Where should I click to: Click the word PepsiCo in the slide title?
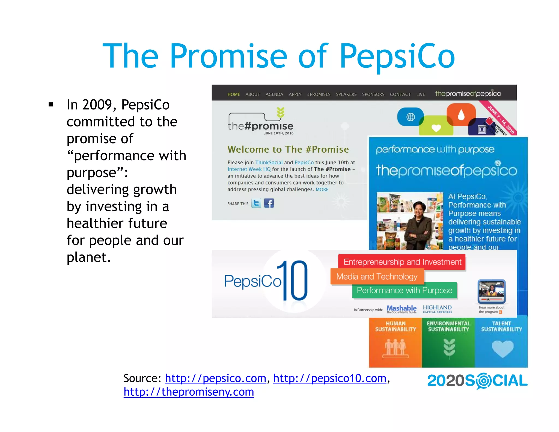pyautogui.click(x=397, y=56)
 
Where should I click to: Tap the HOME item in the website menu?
pyautogui.click(x=233, y=94)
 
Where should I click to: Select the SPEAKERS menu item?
pyautogui.click(x=346, y=94)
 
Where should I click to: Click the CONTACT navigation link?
pyautogui.click(x=400, y=94)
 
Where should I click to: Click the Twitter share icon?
pyautogui.click(x=256, y=203)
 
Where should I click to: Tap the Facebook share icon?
pyautogui.click(x=269, y=203)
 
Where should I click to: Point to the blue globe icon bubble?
pyautogui.click(x=410, y=117)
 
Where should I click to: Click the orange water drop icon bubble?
pyautogui.click(x=461, y=114)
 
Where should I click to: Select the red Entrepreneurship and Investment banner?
pyautogui.click(x=402, y=262)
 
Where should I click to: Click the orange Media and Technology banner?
pyautogui.click(x=377, y=277)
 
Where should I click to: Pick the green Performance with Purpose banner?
pyautogui.click(x=405, y=290)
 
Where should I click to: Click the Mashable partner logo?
pyautogui.click(x=402, y=309)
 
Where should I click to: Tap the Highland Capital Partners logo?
pyautogui.click(x=437, y=309)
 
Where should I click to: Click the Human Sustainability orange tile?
pyautogui.click(x=395, y=341)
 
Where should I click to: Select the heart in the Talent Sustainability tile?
pyautogui.click(x=502, y=348)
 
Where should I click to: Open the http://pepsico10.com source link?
pyautogui.click(x=330, y=378)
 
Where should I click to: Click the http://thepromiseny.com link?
pyautogui.click(x=189, y=392)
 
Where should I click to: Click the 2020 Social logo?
pyautogui.click(x=477, y=381)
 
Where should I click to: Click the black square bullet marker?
pyautogui.click(x=50, y=104)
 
